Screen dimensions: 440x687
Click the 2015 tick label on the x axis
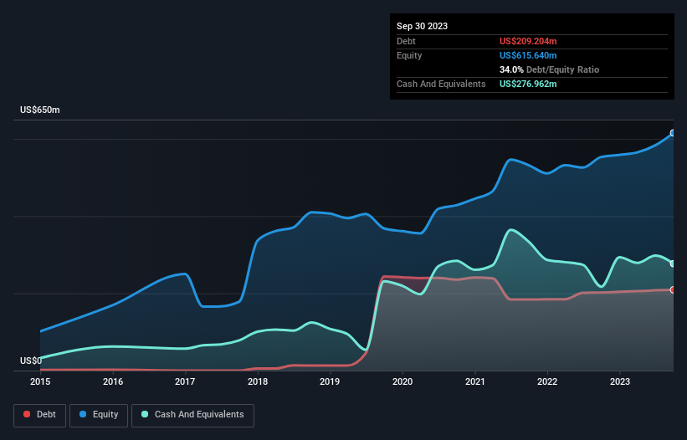coord(40,381)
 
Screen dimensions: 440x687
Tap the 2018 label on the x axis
coord(258,381)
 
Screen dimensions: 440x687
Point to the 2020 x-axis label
coord(402,381)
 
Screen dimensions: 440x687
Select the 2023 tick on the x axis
coord(619,381)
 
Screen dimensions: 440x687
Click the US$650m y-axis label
coord(40,110)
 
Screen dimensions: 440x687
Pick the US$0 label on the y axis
coord(31,361)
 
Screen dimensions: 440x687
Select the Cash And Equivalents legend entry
coord(192,414)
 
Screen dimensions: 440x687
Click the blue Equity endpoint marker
coord(672,133)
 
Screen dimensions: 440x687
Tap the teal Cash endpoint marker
coord(672,263)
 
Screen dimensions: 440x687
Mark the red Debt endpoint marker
coord(672,289)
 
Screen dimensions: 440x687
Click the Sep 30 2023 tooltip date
coord(423,26)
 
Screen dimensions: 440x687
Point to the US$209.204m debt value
coord(527,41)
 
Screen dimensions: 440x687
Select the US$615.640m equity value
coord(527,55)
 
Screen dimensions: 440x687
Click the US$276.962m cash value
coord(527,84)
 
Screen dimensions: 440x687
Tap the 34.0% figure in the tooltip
coord(512,69)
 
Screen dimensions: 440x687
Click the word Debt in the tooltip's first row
coord(407,41)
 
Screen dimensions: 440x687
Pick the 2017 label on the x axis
coord(185,381)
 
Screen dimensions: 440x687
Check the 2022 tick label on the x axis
coord(547,381)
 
